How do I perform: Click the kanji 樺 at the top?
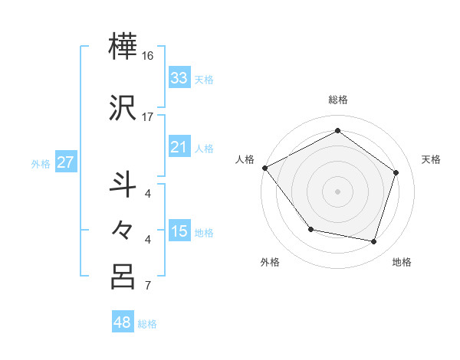pyautogui.click(x=123, y=48)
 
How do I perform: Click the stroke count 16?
pyautogui.click(x=148, y=57)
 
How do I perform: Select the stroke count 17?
pyautogui.click(x=148, y=116)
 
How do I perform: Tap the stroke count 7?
pyautogui.click(x=148, y=286)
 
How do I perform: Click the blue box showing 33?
pyautogui.click(x=179, y=78)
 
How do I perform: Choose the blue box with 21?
pyautogui.click(x=179, y=147)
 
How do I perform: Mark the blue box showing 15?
pyautogui.click(x=179, y=231)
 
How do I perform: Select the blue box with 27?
pyautogui.click(x=65, y=162)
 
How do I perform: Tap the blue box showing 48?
pyautogui.click(x=123, y=322)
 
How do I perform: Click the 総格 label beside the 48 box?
pyautogui.click(x=147, y=324)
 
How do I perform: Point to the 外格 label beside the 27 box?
pyautogui.click(x=41, y=163)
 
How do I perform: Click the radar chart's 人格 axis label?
pyautogui.click(x=245, y=159)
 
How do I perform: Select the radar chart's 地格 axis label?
pyautogui.click(x=402, y=262)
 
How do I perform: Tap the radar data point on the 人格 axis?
pyautogui.click(x=264, y=168)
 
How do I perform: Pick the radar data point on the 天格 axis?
pyautogui.click(x=396, y=172)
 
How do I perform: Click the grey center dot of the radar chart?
pyautogui.click(x=337, y=191)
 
